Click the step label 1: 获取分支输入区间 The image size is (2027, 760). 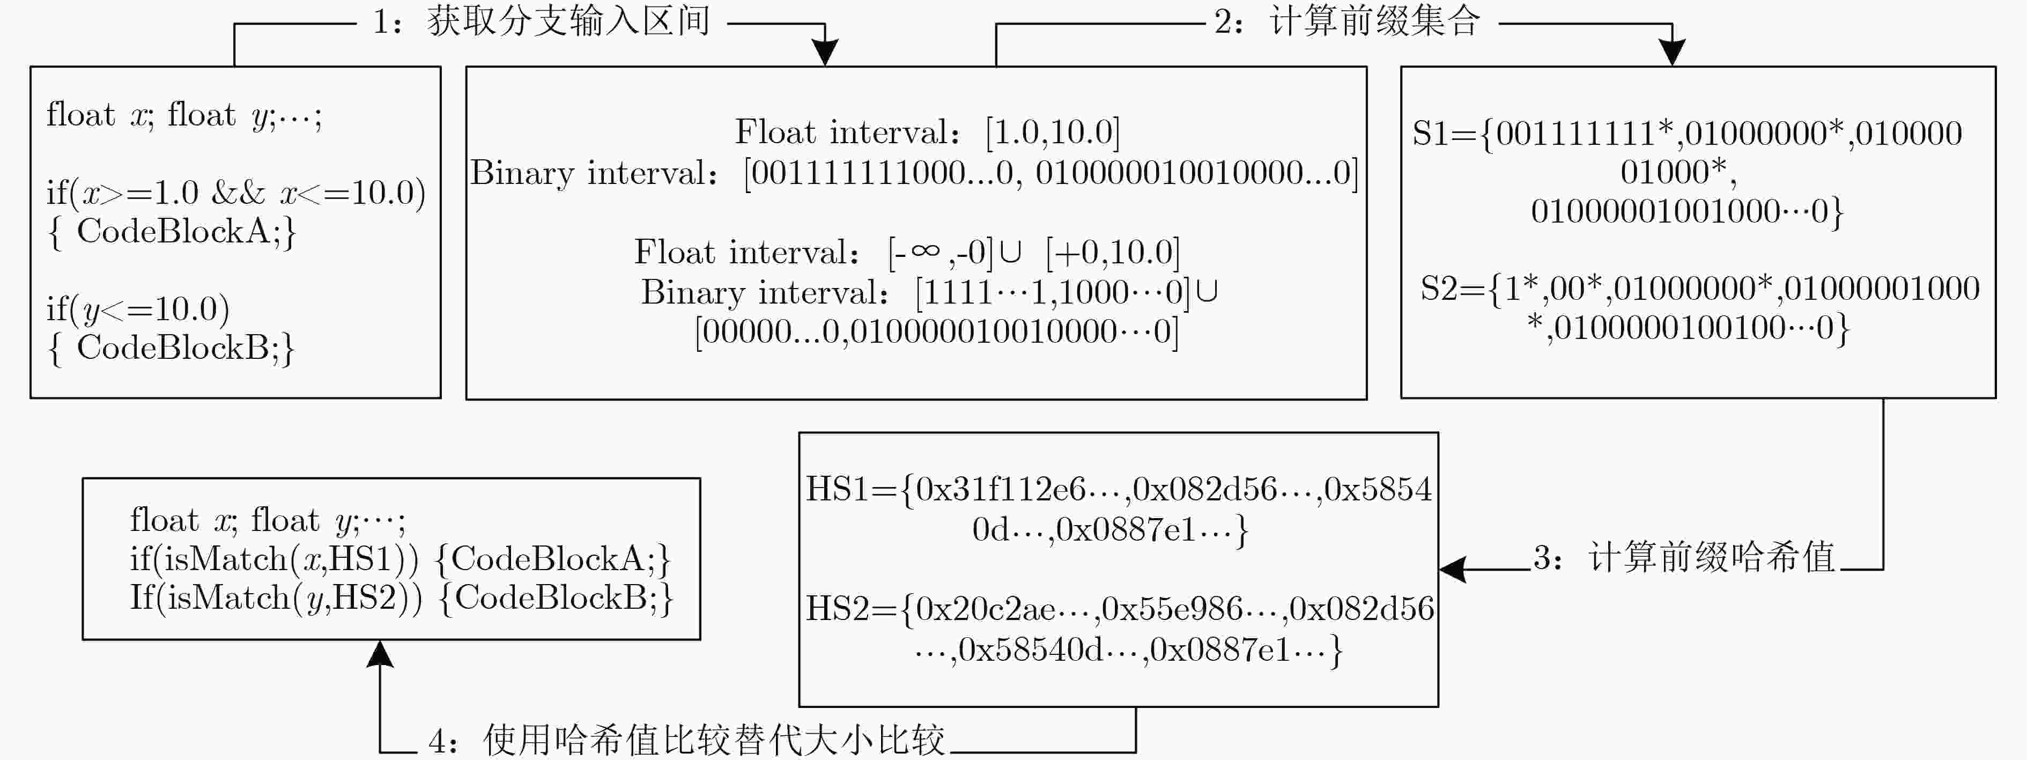point(542,21)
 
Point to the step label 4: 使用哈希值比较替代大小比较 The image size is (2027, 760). point(686,740)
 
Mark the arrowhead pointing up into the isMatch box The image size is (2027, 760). point(380,654)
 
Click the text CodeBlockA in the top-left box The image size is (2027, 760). point(174,231)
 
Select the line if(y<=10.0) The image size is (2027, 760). point(138,309)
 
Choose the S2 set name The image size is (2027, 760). point(1438,289)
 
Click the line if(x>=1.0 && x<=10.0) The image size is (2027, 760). point(236,193)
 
